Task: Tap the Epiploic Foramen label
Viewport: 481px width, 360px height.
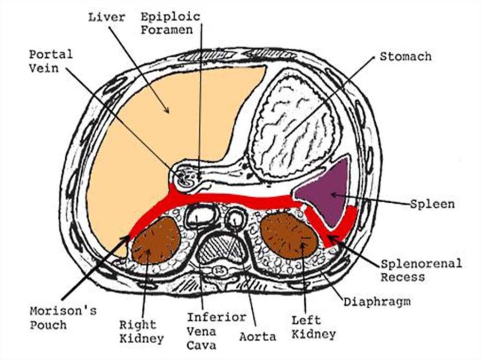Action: point(171,23)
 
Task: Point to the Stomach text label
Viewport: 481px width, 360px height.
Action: point(405,57)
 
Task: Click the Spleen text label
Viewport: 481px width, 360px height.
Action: point(432,204)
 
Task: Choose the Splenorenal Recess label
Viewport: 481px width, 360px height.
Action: point(421,270)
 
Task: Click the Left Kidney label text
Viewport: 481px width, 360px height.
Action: point(313,328)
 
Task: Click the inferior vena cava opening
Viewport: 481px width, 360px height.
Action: point(201,216)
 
